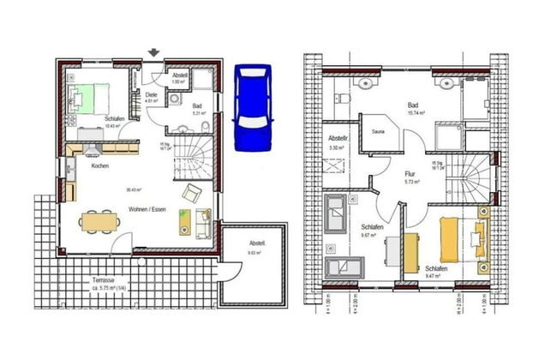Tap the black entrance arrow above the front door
pos(153,54)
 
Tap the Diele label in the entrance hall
pos(151,94)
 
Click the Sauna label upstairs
pos(378,132)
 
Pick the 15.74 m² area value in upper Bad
pos(417,113)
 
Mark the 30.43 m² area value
pos(133,189)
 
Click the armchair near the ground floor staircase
pos(191,190)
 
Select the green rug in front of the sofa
pos(184,222)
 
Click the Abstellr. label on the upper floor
pos(338,138)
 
